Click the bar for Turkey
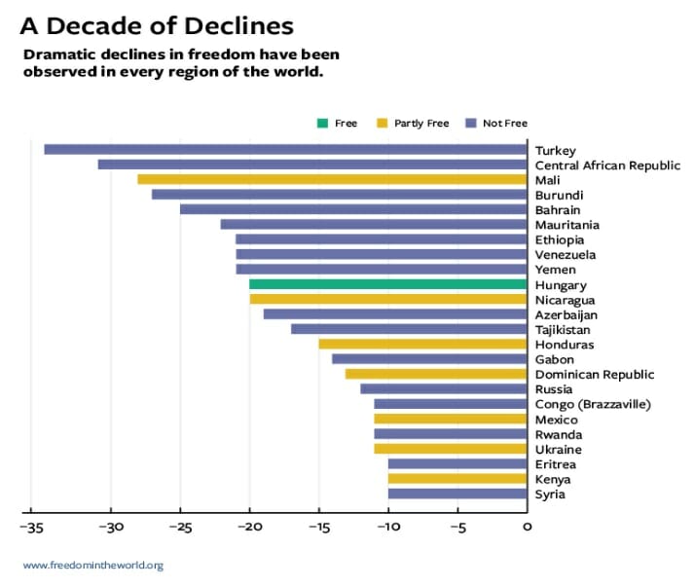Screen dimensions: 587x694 pos(285,150)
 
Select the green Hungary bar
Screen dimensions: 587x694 pos(388,285)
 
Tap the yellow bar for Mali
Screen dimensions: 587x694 pos(332,180)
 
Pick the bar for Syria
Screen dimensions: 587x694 pos(457,495)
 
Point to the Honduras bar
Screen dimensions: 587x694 pos(422,345)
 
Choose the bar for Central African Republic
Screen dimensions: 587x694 pos(311,165)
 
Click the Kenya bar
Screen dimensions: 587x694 pos(457,479)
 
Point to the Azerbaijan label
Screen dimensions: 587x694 pos(566,315)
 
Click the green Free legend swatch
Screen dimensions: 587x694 pos(321,124)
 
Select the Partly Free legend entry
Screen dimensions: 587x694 pos(415,124)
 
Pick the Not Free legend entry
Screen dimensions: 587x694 pos(498,124)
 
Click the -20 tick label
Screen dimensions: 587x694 pos(249,527)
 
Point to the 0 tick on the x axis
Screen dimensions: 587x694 pos(527,527)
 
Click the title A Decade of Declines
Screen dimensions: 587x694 pos(157,24)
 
